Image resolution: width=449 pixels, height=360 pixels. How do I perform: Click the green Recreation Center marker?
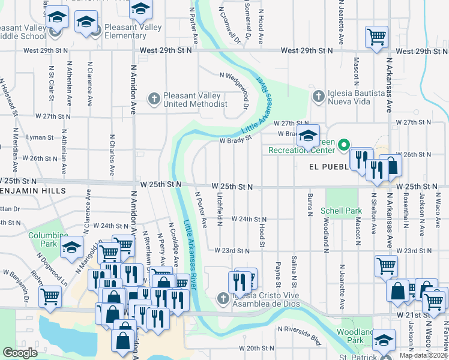point(343,145)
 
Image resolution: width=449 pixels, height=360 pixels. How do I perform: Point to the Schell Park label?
point(340,211)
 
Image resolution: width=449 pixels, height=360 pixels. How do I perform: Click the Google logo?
point(20,353)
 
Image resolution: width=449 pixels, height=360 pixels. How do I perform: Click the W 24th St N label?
point(249,220)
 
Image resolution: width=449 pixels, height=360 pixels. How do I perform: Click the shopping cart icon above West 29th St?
point(376,36)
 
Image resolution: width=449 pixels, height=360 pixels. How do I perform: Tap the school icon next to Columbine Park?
point(71,248)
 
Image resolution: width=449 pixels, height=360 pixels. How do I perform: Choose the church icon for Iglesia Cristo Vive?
point(223,298)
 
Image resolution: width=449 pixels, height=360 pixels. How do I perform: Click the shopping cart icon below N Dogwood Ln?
point(50,295)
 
